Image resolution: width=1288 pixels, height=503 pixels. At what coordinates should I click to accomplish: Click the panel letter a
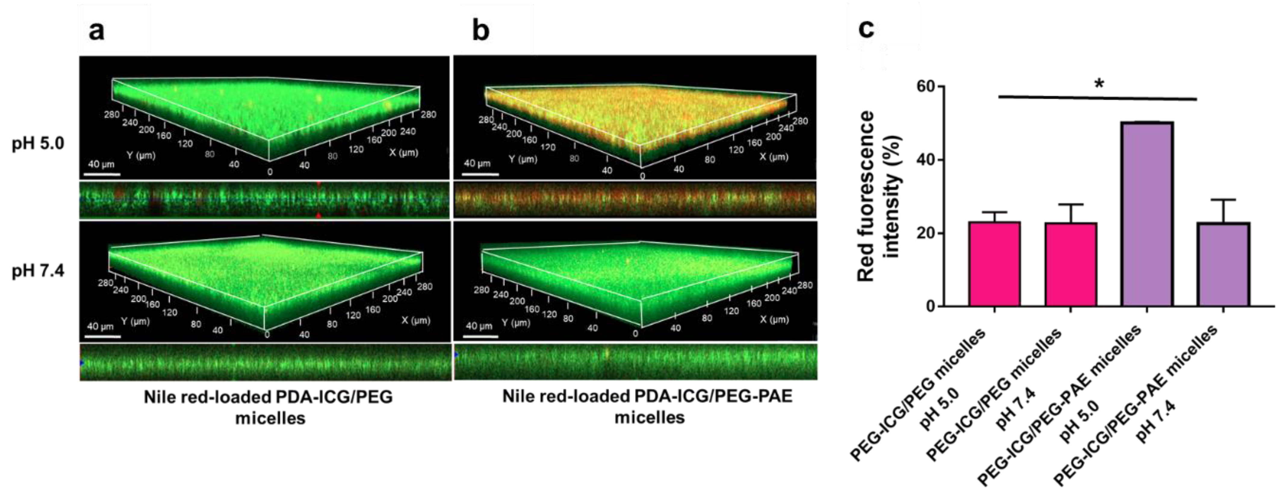[x=97, y=31]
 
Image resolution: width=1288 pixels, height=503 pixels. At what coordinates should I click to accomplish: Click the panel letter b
[x=480, y=31]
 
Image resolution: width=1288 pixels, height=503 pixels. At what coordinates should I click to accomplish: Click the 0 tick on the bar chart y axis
[x=930, y=306]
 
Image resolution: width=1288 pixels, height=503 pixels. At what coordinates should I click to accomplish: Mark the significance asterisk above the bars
[x=1098, y=83]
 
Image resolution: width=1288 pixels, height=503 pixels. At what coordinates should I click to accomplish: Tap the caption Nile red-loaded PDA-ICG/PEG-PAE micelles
[x=648, y=406]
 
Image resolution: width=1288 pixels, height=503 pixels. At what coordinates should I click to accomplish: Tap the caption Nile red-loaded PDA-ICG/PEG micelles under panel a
[x=268, y=406]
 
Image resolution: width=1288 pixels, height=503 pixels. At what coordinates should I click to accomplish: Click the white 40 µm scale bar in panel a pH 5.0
[x=102, y=175]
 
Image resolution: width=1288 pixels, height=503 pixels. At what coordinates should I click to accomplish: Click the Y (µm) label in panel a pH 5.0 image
[x=141, y=156]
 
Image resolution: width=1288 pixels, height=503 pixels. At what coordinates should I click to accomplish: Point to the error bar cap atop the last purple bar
[x=1223, y=200]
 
